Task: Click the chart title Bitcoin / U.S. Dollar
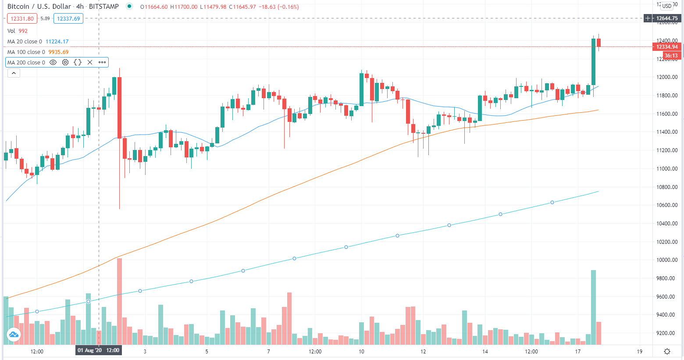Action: [39, 7]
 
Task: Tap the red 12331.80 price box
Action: [22, 18]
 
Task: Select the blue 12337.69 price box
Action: [68, 18]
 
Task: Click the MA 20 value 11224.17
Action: [57, 42]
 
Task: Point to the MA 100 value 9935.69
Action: [58, 52]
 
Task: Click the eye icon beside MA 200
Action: [53, 62]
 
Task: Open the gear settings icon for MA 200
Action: [65, 62]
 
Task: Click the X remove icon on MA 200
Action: [90, 62]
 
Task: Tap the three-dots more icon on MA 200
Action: [102, 62]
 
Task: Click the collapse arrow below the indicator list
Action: [14, 73]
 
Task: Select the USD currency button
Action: [667, 6]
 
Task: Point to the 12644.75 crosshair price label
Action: [666, 18]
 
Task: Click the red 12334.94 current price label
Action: [666, 47]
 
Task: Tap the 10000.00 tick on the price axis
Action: [667, 260]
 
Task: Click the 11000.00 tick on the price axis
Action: [667, 169]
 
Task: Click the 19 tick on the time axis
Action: [640, 351]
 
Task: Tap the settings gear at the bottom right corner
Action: [667, 351]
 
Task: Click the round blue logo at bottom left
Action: [13, 335]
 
